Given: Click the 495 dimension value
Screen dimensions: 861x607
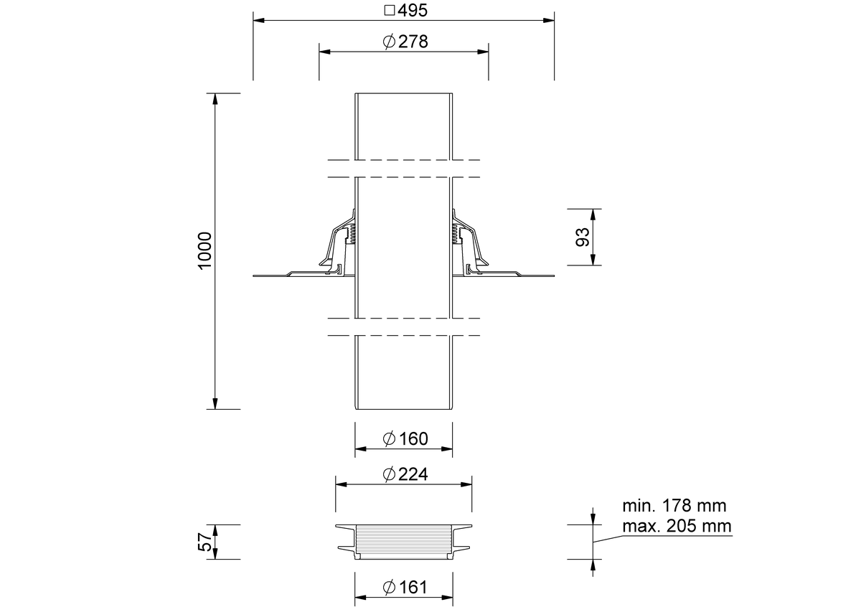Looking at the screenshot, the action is pos(413,10).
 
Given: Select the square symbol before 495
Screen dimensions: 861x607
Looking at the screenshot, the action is pos(390,10).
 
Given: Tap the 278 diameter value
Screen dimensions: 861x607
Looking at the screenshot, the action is pos(413,42).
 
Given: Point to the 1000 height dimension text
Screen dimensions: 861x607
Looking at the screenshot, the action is pos(205,250).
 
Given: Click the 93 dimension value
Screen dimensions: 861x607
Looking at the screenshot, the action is pos(583,237).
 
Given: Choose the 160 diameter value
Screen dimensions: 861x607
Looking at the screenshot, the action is pos(413,438).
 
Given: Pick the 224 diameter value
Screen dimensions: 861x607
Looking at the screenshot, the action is pos(413,474).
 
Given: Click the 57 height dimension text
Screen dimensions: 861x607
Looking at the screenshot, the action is pos(205,542).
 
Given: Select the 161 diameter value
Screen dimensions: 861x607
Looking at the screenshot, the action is pos(413,587).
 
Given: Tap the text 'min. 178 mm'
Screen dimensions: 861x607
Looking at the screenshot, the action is pos(674,506).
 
